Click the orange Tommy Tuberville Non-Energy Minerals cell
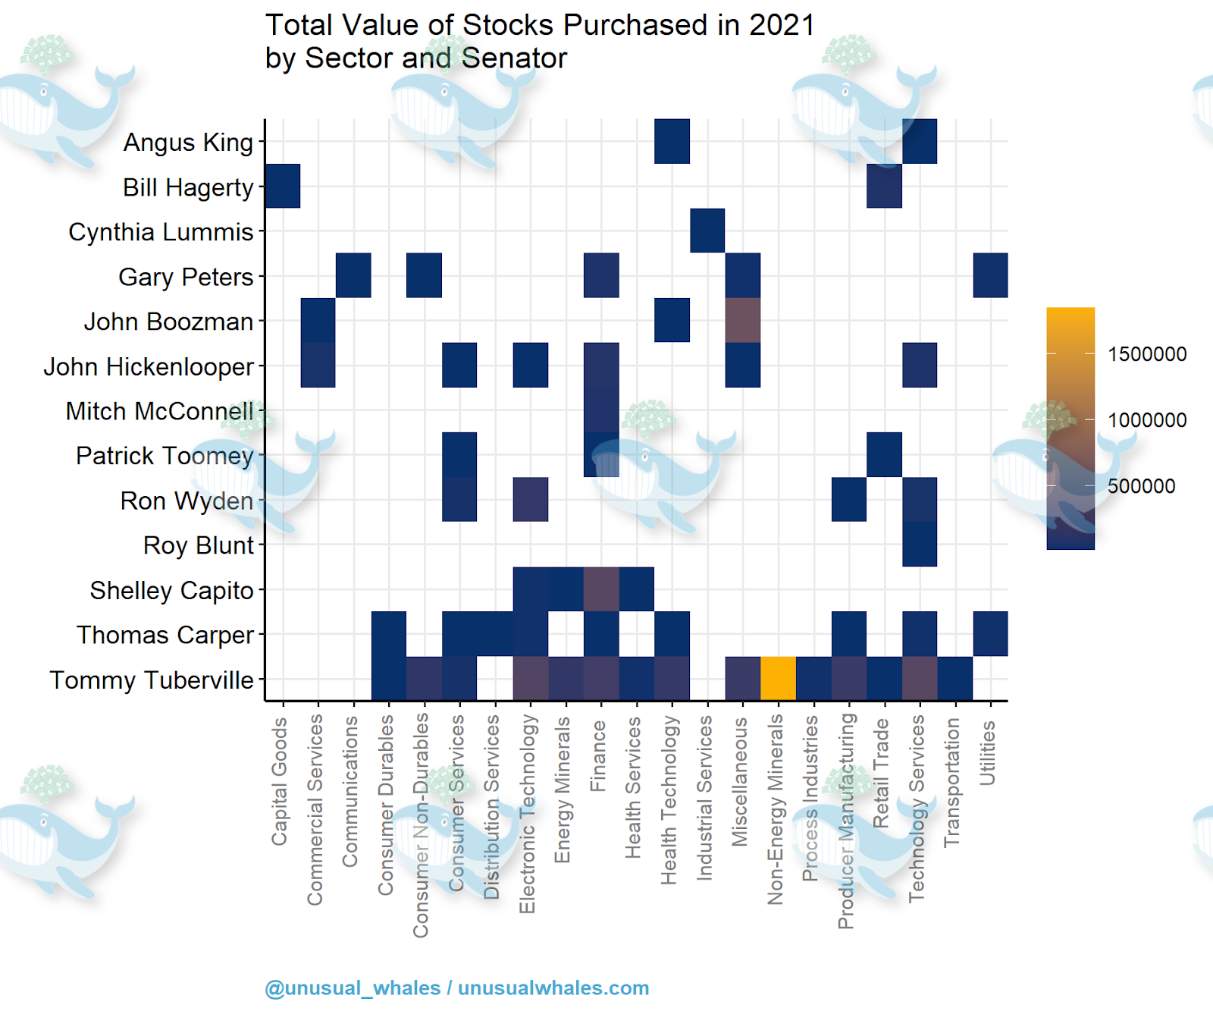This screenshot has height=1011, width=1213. (778, 678)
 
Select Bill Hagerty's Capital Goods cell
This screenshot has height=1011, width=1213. (283, 186)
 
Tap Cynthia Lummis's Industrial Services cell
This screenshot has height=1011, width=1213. (707, 231)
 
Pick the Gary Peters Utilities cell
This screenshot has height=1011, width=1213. (990, 275)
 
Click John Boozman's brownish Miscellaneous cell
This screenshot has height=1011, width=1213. (743, 320)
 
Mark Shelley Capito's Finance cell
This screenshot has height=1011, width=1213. (601, 589)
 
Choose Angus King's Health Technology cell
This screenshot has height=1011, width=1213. (672, 141)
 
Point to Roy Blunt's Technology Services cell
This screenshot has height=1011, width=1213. (920, 545)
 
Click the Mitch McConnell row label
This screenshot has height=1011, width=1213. (159, 411)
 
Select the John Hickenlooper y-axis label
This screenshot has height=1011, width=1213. (149, 366)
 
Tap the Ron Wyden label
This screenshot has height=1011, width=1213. (186, 501)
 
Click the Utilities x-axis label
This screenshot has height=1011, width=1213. (986, 753)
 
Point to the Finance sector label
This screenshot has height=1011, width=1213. (598, 756)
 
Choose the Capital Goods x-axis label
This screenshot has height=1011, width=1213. (280, 782)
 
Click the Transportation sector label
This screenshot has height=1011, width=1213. (951, 783)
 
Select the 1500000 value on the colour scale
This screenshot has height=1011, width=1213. (1147, 354)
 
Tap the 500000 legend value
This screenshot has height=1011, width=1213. (1141, 486)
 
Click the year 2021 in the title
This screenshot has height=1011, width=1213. (782, 25)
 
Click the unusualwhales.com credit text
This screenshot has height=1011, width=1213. (553, 987)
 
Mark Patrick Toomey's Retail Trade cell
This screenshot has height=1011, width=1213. (884, 455)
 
